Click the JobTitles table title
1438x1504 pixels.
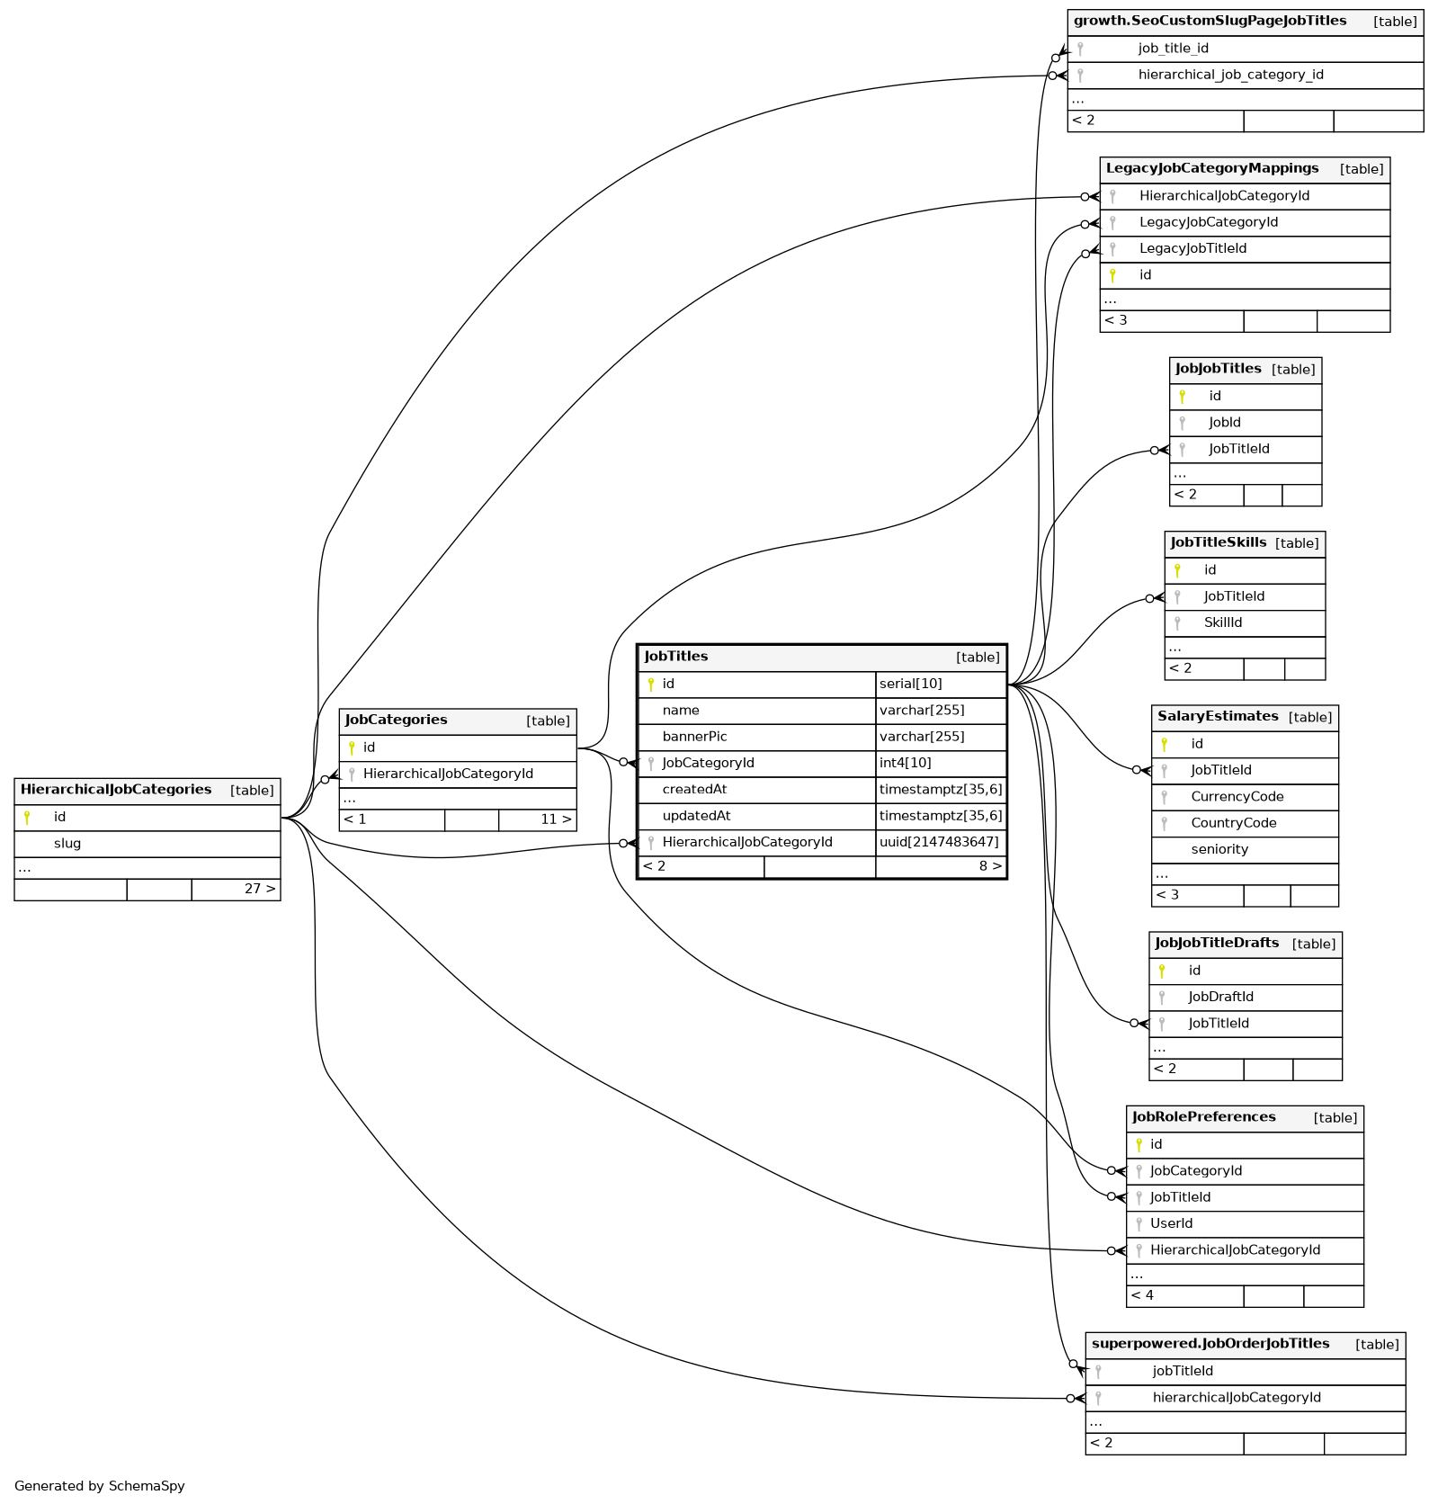[676, 657]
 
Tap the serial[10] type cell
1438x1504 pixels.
[911, 684]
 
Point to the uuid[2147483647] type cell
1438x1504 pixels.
[939, 842]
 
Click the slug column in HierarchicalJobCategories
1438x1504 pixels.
[67, 844]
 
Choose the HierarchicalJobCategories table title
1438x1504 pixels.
[116, 790]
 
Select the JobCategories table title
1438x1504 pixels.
[396, 720]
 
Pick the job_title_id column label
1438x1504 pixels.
[1173, 49]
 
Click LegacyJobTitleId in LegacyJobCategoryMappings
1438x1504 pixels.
[1192, 248]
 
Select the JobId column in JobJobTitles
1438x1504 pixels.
[1224, 423]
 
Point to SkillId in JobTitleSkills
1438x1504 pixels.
[1222, 622]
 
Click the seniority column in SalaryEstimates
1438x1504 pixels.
[1219, 849]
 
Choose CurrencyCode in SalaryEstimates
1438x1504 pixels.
[1237, 797]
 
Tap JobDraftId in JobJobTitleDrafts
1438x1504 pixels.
[1220, 997]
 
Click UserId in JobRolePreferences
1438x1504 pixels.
[1171, 1223]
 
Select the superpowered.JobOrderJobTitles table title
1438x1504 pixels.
[1210, 1344]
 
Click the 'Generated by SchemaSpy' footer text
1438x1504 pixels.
[99, 1486]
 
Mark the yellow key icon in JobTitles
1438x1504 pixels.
[651, 685]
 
